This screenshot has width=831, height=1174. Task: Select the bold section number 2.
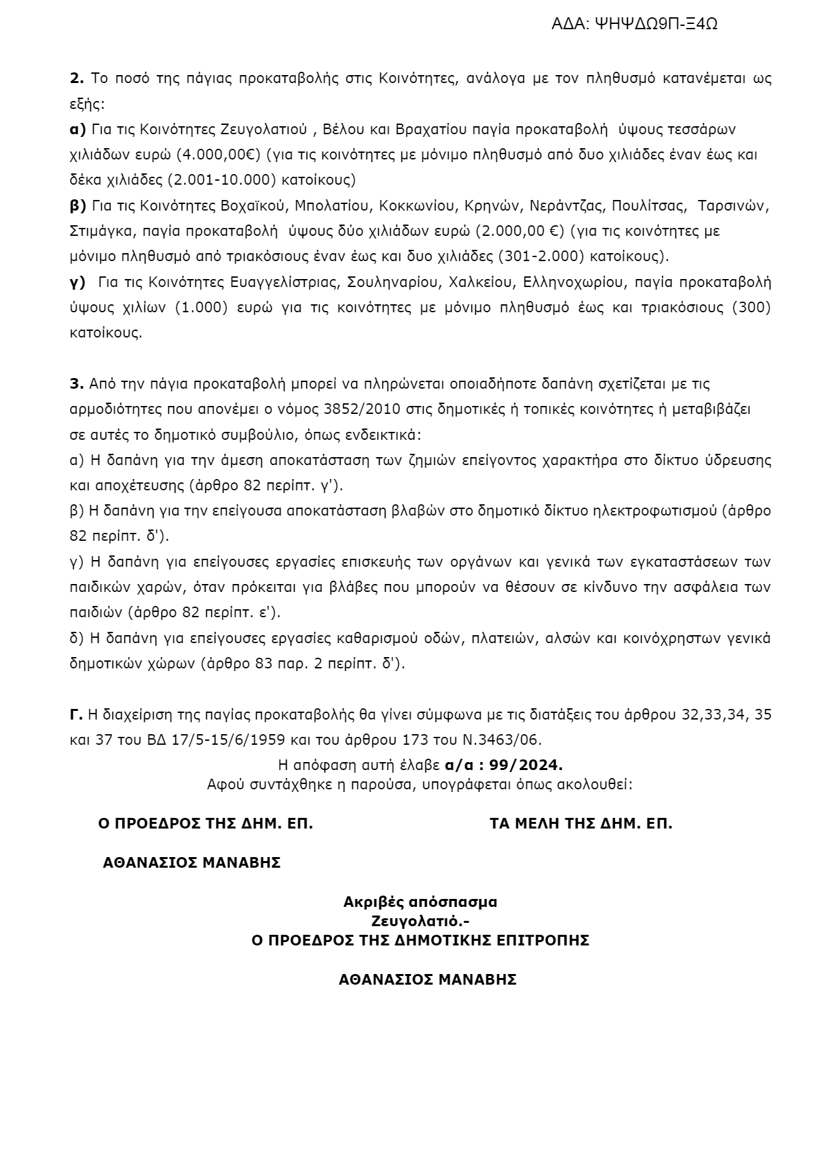pyautogui.click(x=76, y=78)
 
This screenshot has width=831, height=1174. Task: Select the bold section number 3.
pyautogui.click(x=76, y=383)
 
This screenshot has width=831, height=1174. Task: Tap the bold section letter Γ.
pyautogui.click(x=76, y=714)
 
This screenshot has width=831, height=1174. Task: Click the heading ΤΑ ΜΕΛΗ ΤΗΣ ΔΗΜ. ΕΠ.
pyautogui.click(x=580, y=824)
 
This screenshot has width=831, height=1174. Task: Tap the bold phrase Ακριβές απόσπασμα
pyautogui.click(x=420, y=902)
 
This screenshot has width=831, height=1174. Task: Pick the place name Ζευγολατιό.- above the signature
pyautogui.click(x=420, y=922)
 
